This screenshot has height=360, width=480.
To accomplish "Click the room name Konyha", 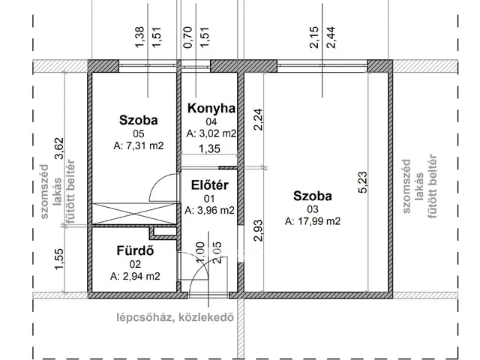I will pyautogui.click(x=211, y=109).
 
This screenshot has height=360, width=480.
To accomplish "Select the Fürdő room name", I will pyautogui.click(x=135, y=251).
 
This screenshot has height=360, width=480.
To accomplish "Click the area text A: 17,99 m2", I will pyautogui.click(x=313, y=221).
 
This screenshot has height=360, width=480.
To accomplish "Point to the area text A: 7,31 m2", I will pyautogui.click(x=139, y=145).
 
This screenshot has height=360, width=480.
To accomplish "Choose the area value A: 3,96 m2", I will pyautogui.click(x=210, y=210).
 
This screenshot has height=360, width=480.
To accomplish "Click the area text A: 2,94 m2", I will pyautogui.click(x=135, y=276).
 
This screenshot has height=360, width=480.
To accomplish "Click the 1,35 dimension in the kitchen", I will pyautogui.click(x=209, y=149).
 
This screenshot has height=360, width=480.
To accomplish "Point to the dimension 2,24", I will pyautogui.click(x=259, y=118).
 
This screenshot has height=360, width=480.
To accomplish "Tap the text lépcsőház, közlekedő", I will pyautogui.click(x=174, y=316).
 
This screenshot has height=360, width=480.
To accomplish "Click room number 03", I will pyautogui.click(x=312, y=209).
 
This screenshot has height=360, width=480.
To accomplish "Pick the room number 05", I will pyautogui.click(x=138, y=133).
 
